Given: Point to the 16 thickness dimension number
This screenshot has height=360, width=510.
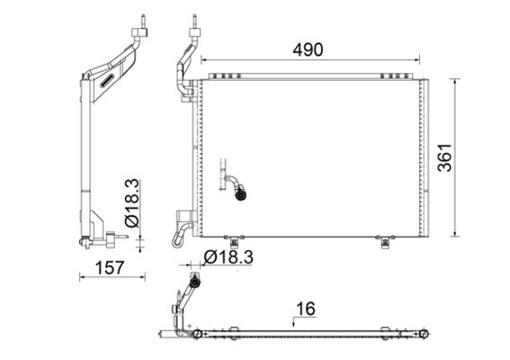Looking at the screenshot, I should pyautogui.click(x=305, y=309).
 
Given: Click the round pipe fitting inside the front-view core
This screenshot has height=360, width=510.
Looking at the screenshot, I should pyautogui.click(x=240, y=192).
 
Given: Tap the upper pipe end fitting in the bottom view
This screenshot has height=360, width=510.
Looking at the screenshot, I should pyautogui.click(x=194, y=283).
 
